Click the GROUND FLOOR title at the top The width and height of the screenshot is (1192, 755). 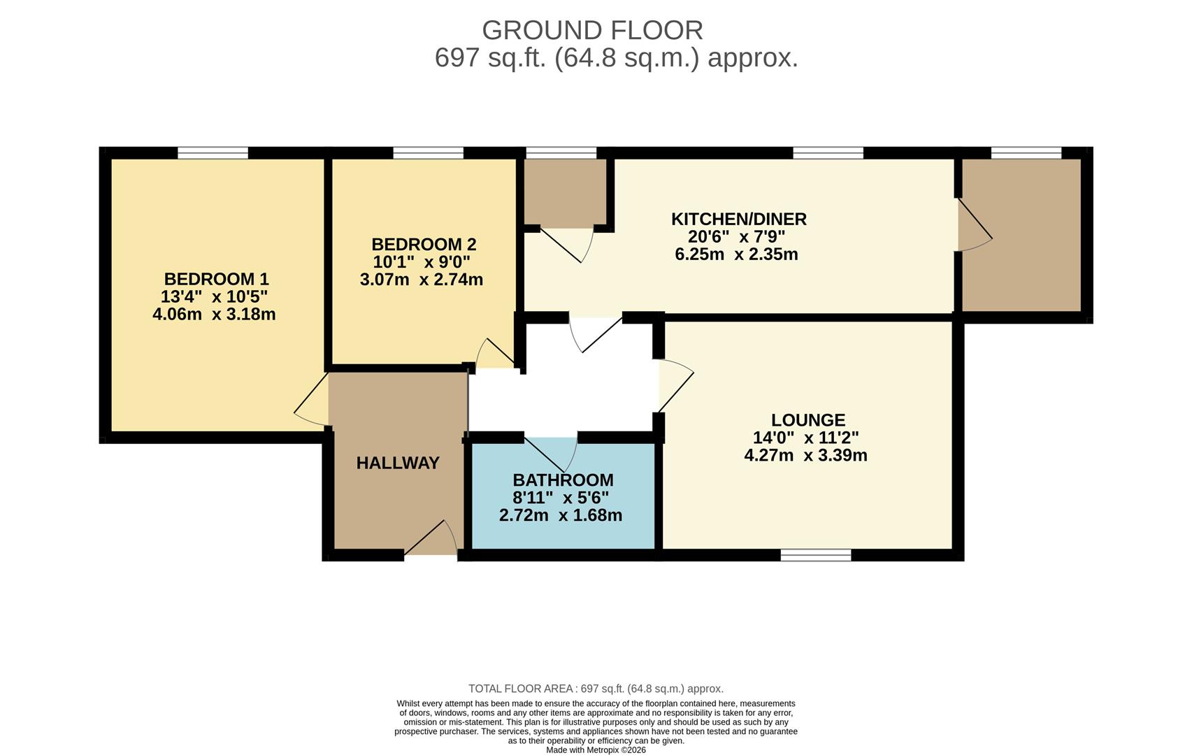[592, 30]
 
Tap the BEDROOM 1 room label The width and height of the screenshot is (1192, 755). [216, 279]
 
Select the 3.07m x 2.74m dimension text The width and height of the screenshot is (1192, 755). [421, 280]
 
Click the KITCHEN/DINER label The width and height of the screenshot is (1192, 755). [738, 219]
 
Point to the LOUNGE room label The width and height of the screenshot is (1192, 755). [808, 420]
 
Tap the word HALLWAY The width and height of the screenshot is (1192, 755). [398, 463]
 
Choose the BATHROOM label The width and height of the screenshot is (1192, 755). [563, 480]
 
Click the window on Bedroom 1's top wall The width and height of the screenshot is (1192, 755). [213, 152]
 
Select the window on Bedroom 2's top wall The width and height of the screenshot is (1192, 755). [428, 152]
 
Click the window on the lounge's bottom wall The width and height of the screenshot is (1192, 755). [816, 555]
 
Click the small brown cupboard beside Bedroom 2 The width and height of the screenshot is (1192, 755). [565, 192]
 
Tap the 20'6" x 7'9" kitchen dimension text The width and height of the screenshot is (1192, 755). [736, 236]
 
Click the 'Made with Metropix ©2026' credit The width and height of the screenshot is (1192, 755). [596, 750]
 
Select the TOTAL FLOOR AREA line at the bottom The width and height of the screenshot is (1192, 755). [596, 689]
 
